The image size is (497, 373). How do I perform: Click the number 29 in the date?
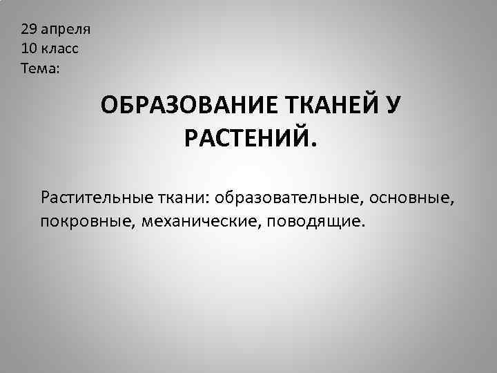pos(28,30)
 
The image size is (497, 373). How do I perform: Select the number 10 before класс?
pos(28,50)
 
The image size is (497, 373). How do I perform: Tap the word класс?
pos(63,50)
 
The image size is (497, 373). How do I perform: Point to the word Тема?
pos(41,69)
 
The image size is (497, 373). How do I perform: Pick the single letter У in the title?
pos(393,106)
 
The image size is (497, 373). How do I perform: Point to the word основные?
pos(410,198)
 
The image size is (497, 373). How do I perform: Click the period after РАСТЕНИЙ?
pos(315,146)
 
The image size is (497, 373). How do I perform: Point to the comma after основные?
pos(454,204)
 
